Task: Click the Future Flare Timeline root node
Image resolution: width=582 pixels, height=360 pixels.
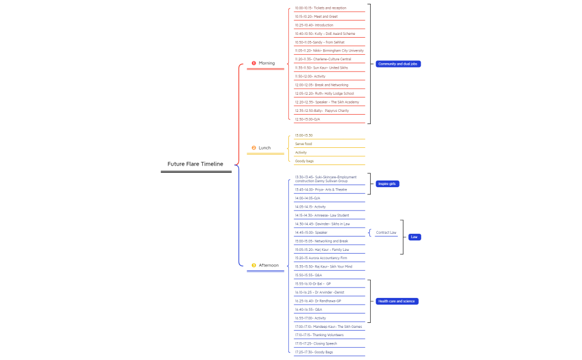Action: tap(195, 164)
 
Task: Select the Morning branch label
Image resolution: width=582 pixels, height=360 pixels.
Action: tap(267, 63)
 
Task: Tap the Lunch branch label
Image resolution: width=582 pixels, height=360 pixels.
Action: tap(264, 148)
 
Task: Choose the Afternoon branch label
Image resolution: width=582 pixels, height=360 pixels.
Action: tap(269, 265)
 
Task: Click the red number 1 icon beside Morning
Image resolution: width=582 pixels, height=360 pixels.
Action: tap(254, 63)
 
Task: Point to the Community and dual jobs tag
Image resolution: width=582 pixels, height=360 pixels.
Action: tap(397, 64)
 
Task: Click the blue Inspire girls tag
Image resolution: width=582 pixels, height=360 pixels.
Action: tap(387, 184)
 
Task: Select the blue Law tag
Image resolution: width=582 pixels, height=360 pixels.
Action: tap(414, 237)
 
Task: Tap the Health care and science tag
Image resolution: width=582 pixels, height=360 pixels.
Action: tap(397, 301)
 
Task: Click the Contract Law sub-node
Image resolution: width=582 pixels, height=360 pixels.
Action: tap(386, 233)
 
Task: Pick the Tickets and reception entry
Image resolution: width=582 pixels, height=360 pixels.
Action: tap(320, 8)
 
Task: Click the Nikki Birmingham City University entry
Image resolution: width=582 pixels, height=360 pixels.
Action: tap(329, 50)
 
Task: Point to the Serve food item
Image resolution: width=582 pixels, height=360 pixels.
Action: tap(304, 144)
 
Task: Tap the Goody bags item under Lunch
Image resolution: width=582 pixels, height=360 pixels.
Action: tap(304, 161)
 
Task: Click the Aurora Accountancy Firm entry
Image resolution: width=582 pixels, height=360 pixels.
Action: tap(321, 258)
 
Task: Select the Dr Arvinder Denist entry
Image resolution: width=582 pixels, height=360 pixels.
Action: tap(319, 292)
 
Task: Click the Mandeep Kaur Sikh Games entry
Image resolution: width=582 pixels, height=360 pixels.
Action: tap(328, 327)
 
